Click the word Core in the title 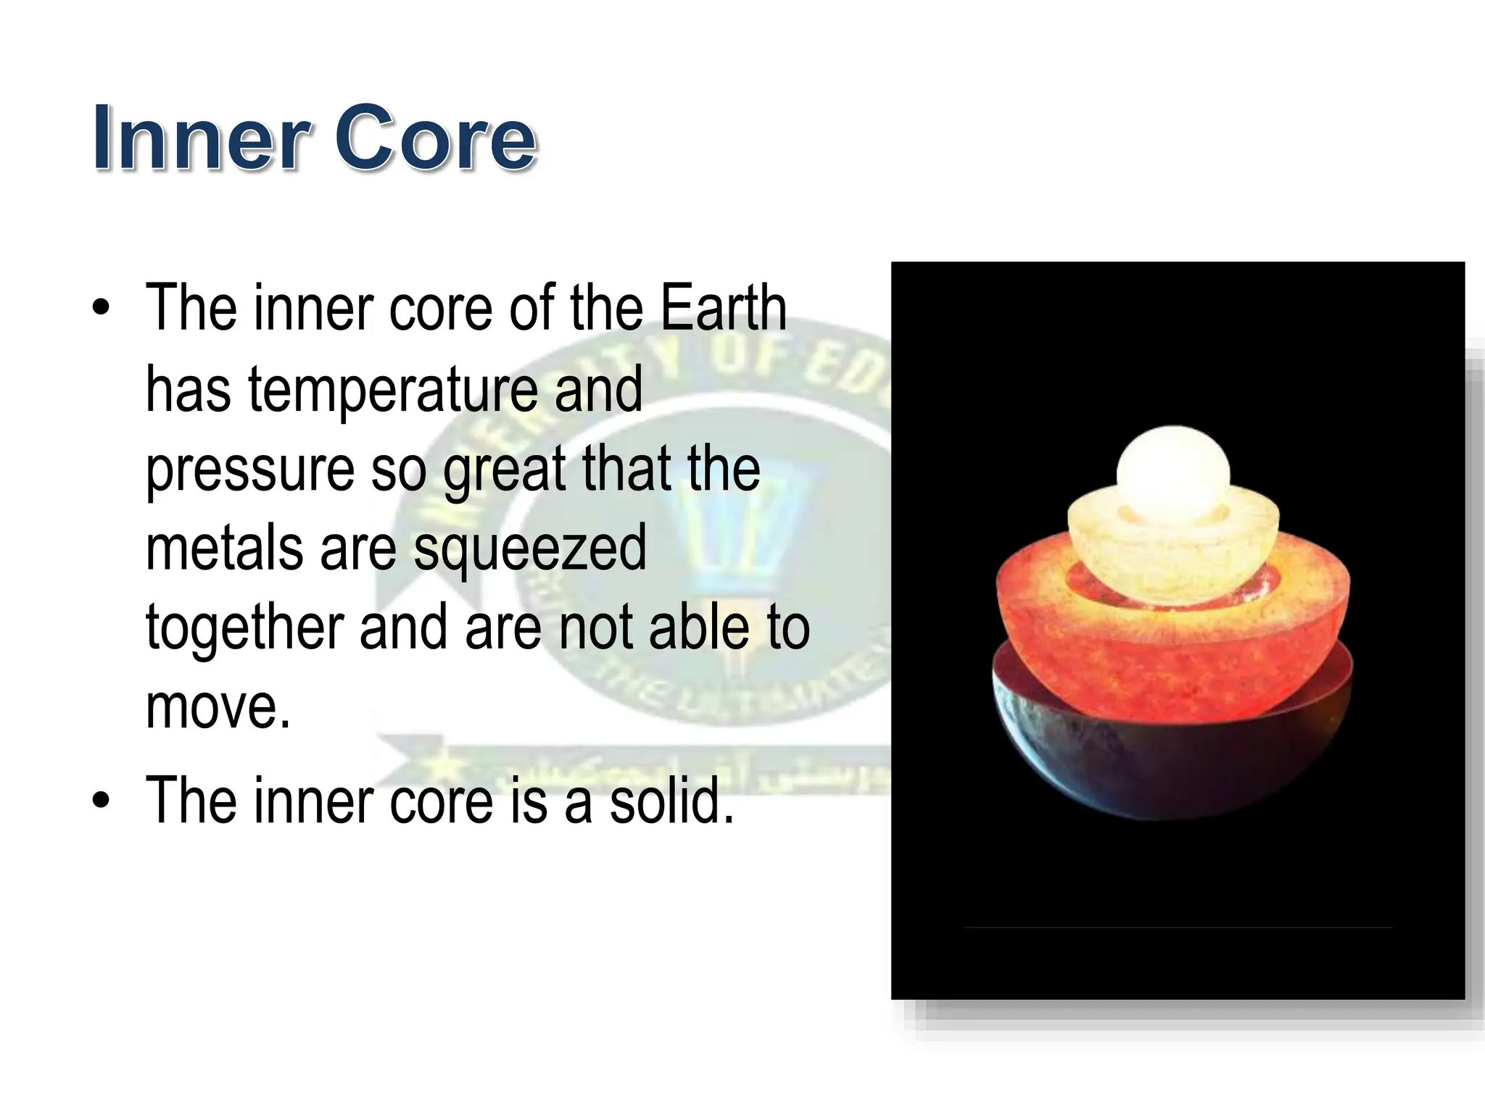(x=435, y=138)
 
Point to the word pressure (x=250, y=471)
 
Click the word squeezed (x=529, y=551)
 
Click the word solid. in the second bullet (x=671, y=801)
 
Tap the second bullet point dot (x=102, y=801)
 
